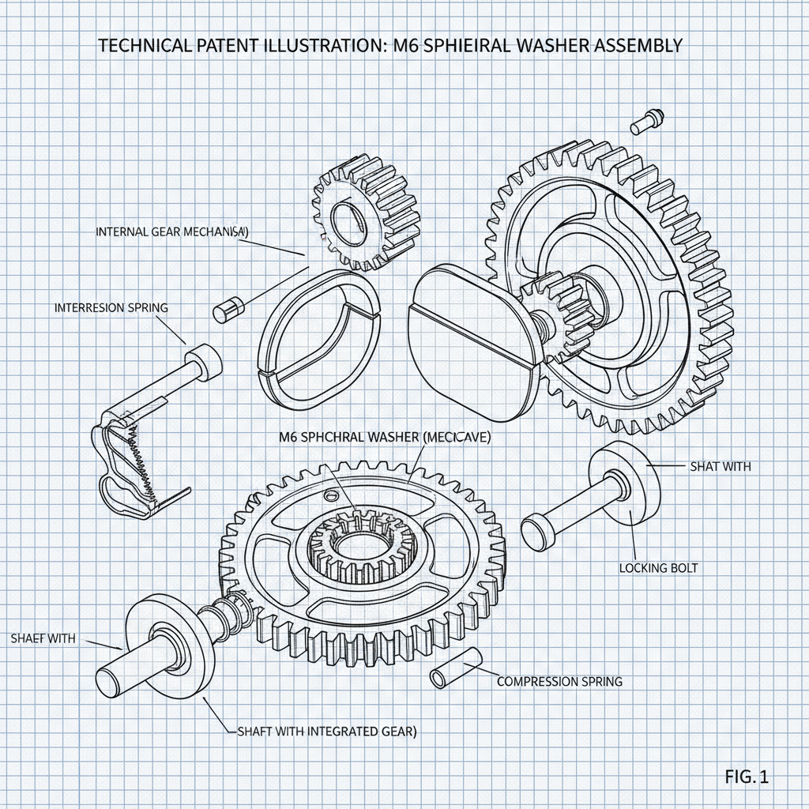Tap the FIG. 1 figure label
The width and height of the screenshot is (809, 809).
tap(746, 777)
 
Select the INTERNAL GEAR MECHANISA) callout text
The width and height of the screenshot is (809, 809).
tap(172, 232)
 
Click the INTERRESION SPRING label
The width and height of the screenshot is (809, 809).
tap(111, 307)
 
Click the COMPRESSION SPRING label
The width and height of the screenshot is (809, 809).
tap(559, 681)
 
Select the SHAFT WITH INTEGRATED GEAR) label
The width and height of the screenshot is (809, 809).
tap(326, 732)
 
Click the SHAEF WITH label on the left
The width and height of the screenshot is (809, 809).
tap(43, 638)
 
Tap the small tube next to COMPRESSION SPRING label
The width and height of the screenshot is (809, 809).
tap(457, 668)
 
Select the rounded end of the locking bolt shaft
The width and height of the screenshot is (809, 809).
tap(536, 532)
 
